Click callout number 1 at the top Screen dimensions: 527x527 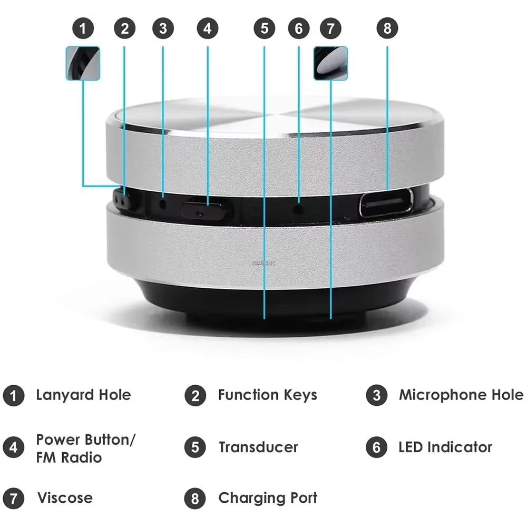pos(83,28)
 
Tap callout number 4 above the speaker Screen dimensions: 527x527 pos(207,28)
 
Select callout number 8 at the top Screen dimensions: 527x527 pos(387,28)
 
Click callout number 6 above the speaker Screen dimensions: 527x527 pos(299,28)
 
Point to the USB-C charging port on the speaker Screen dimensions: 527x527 pos(386,203)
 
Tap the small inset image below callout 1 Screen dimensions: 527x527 pos(83,63)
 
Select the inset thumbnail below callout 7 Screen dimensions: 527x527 pos(330,63)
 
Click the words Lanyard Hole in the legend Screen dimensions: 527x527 pos(83,395)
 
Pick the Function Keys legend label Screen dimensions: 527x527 pos(267,395)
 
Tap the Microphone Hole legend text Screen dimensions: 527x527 pos(461,395)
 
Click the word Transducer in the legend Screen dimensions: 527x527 pos(258,447)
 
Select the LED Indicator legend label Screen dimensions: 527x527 pos(445,447)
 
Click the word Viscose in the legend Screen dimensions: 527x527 pos(64,498)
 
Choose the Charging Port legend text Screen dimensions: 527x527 pos(267,498)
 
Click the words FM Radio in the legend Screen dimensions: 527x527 pos(69,457)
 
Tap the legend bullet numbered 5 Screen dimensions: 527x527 pos(195,447)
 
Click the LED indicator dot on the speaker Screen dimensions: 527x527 pos(299,209)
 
